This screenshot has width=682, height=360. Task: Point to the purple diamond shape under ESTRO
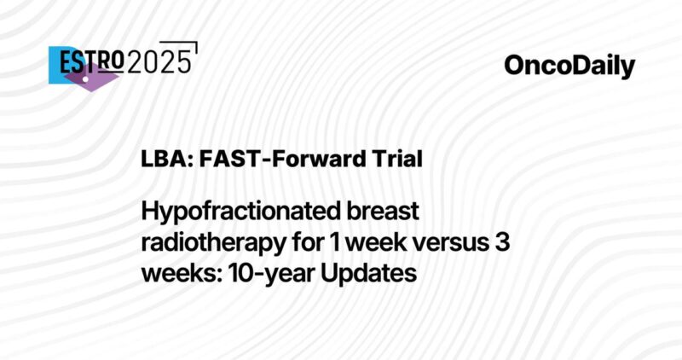91,78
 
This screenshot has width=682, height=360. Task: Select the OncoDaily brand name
569,66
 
